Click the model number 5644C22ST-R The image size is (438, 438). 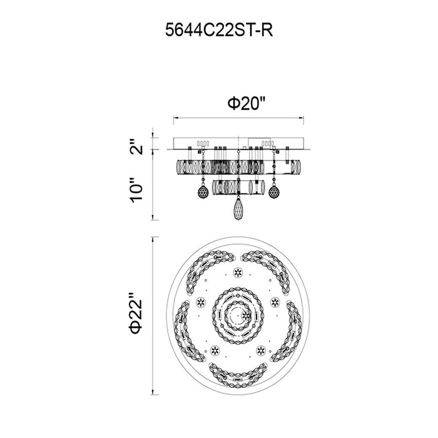tap(219, 30)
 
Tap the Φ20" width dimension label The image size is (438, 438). tap(246, 103)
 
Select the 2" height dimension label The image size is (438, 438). tap(136, 146)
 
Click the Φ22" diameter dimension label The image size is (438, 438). tap(136, 313)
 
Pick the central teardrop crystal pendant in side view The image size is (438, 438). tap(238, 209)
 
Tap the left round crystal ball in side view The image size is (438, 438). tap(203, 191)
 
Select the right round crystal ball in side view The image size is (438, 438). tap(274, 191)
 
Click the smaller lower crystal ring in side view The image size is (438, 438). tap(238, 187)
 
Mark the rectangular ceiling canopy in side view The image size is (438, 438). tap(238, 143)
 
